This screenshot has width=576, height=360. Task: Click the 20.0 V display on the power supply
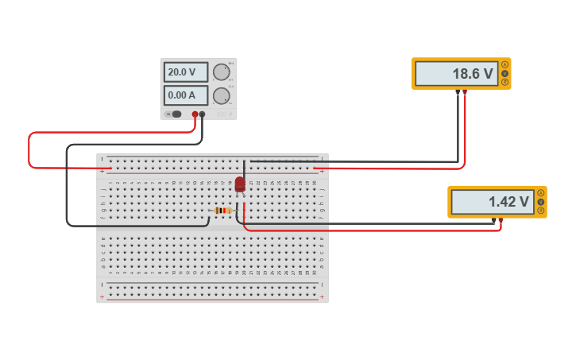click(185, 72)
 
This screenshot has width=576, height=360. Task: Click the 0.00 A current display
click(185, 95)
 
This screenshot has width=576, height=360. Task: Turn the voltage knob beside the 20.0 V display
click(221, 72)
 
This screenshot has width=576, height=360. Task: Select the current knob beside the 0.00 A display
click(221, 95)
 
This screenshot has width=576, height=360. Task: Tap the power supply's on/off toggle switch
click(176, 114)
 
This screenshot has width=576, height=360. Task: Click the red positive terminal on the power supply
click(195, 114)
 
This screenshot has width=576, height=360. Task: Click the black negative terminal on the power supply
click(203, 114)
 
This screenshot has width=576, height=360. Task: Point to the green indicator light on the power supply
click(230, 64)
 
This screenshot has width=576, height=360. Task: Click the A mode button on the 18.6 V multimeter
click(504, 64)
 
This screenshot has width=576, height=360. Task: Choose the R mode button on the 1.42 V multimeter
click(541, 211)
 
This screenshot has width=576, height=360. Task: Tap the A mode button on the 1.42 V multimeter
click(541, 193)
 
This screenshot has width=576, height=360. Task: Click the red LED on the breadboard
click(240, 184)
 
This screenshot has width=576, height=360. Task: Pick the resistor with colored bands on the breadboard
click(223, 211)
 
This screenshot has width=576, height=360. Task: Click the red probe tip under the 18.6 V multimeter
click(465, 92)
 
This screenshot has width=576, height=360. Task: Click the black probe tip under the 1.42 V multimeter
click(493, 220)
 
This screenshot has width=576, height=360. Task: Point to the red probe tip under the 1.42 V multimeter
click(501, 220)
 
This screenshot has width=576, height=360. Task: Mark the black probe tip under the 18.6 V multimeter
click(458, 92)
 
